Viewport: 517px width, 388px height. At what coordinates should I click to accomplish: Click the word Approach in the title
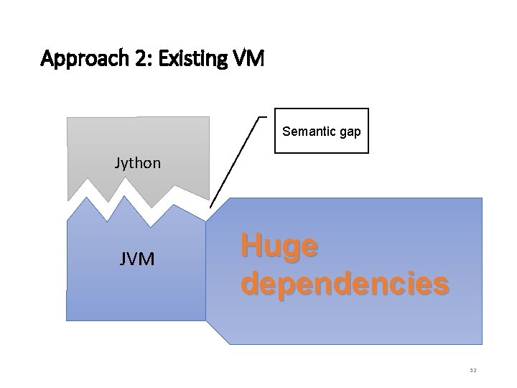tap(82, 58)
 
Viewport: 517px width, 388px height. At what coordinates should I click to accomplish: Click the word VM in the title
tap(248, 58)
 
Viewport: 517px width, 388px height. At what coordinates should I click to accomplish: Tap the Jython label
tap(138, 163)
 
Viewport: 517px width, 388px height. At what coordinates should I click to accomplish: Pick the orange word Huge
tap(279, 246)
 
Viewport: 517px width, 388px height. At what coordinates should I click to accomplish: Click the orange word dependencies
tap(345, 283)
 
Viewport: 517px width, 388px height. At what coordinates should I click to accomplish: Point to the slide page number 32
tap(472, 370)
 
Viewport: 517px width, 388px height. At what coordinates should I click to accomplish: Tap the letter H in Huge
tap(249, 246)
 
